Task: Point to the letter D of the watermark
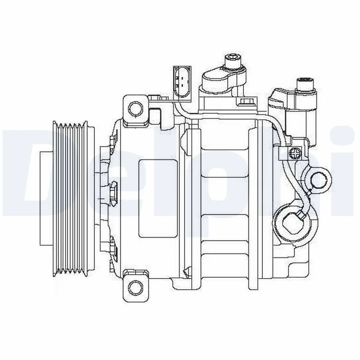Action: coord(27,171)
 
